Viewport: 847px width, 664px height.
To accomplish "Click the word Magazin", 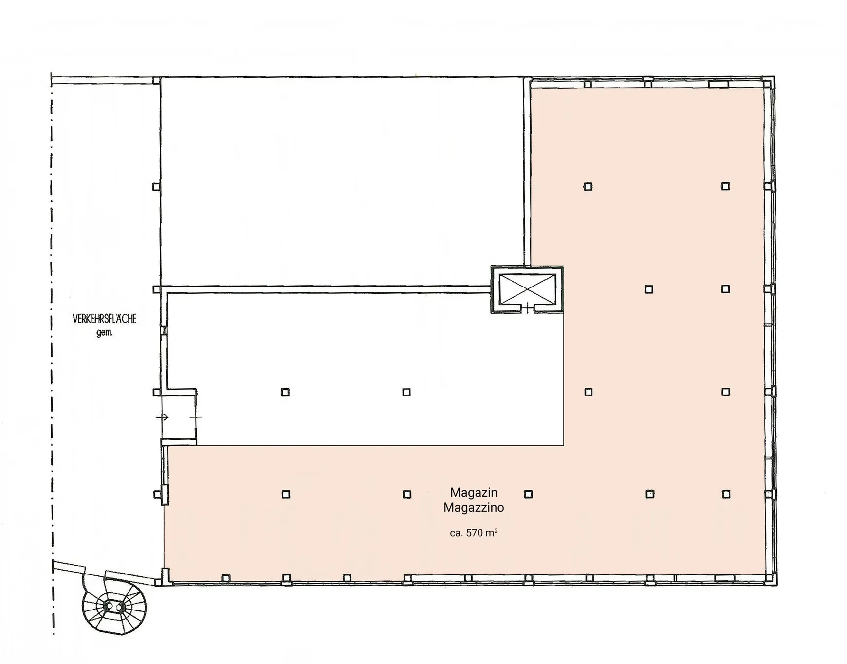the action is (x=474, y=493).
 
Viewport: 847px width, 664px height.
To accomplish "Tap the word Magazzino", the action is (x=474, y=508).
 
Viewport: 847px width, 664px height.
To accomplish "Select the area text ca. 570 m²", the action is (x=474, y=533).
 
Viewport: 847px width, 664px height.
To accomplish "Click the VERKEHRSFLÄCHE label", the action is (x=105, y=319).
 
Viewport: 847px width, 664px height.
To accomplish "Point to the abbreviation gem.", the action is (x=105, y=333).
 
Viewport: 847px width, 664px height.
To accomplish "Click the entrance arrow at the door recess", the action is (x=163, y=417).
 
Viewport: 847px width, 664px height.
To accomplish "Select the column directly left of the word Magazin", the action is (x=407, y=494).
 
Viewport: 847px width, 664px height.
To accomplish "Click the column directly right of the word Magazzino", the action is (x=528, y=494).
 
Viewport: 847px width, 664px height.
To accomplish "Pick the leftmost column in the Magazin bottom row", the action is (x=286, y=494).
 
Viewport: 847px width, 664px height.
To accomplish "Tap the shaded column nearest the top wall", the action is (x=588, y=186).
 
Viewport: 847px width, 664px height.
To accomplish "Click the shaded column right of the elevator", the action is (x=649, y=289).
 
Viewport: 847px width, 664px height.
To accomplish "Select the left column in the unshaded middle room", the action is (x=285, y=392).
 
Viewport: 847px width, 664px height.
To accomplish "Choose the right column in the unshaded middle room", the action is (x=406, y=392).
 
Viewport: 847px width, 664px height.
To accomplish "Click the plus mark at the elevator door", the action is (x=528, y=308).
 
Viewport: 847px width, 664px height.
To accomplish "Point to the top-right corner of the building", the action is (x=774, y=77).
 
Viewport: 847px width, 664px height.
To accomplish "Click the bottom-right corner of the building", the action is (x=776, y=584).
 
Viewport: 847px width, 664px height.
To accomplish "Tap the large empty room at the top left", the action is (x=342, y=181).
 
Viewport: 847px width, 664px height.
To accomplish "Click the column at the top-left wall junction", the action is (x=156, y=80).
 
